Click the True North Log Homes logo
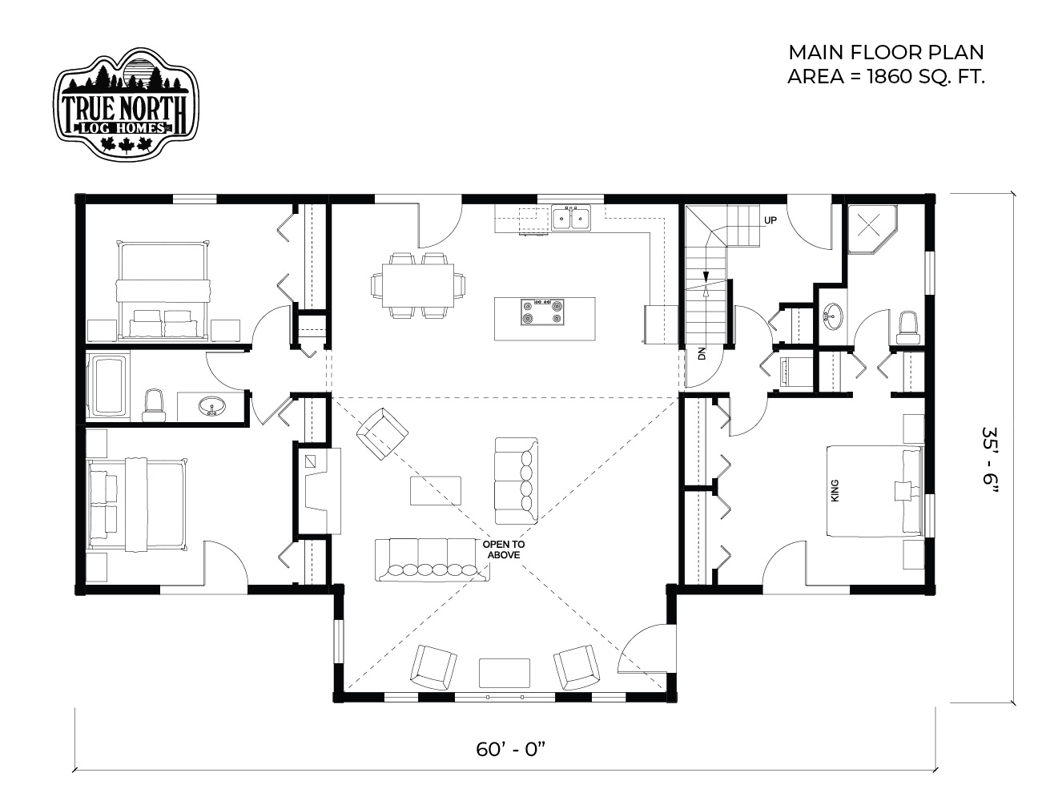(126, 103)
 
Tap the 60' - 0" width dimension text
(511, 749)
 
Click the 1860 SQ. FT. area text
(926, 76)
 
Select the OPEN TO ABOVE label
(504, 549)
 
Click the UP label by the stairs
(770, 220)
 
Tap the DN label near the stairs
(702, 353)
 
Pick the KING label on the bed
(835, 490)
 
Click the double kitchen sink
(571, 219)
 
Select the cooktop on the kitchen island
(542, 312)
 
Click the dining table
(418, 286)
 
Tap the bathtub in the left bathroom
(109, 385)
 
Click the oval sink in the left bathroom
(212, 406)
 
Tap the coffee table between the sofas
(436, 490)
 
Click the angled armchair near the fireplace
(382, 433)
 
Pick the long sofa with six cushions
(432, 560)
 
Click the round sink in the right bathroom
(833, 316)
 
